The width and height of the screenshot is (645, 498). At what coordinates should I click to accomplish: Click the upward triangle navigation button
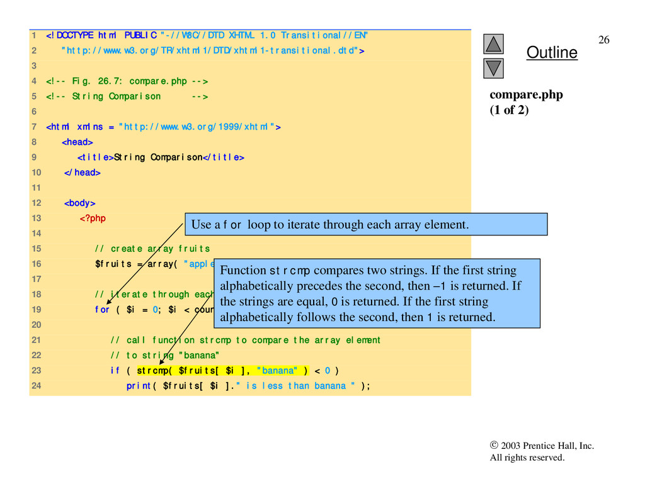(x=494, y=43)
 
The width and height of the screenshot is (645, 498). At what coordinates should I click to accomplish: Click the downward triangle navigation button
(x=494, y=68)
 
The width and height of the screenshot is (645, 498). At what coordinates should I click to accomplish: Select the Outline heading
(x=552, y=53)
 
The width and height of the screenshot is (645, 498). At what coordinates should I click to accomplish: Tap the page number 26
(x=603, y=40)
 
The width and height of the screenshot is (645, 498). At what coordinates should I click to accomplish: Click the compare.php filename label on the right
(x=527, y=95)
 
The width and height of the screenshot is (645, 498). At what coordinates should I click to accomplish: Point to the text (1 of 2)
(x=510, y=110)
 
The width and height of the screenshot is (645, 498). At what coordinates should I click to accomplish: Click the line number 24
(x=36, y=385)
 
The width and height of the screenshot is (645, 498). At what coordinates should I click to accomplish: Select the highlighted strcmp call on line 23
(x=222, y=370)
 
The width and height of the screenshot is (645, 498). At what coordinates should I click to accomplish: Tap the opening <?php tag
(x=93, y=218)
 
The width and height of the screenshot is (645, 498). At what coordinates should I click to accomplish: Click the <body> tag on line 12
(x=79, y=203)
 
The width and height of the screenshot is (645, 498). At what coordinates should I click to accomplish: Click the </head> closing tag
(x=82, y=172)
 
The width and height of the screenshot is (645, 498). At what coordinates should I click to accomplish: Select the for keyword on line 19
(x=102, y=309)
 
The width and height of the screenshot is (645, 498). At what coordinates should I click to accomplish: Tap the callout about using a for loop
(x=365, y=224)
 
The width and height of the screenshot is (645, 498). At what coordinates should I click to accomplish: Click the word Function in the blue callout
(x=243, y=271)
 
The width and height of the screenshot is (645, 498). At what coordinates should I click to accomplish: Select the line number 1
(x=33, y=35)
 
